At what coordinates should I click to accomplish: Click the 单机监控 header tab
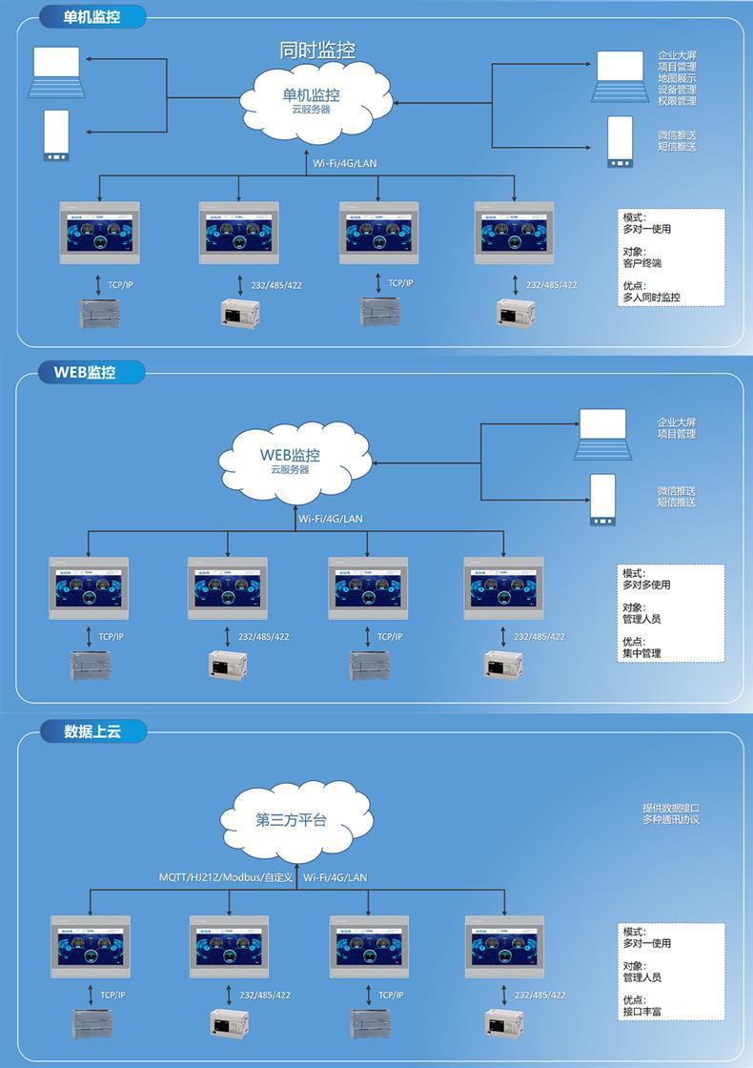[92, 17]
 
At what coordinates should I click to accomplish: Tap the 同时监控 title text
[317, 51]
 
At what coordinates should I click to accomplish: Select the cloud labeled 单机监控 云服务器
[311, 100]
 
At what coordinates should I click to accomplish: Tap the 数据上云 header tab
[92, 731]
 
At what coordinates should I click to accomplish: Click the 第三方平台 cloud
[292, 820]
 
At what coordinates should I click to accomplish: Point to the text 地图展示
[677, 78]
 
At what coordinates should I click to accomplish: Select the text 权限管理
[677, 101]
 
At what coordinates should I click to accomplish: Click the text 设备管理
[677, 90]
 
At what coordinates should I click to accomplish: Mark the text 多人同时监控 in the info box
[652, 298]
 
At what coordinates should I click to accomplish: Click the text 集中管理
[641, 653]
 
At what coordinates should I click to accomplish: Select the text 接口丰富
[641, 1012]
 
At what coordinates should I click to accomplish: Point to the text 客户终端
[641, 263]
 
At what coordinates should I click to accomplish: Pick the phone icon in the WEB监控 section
[602, 500]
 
